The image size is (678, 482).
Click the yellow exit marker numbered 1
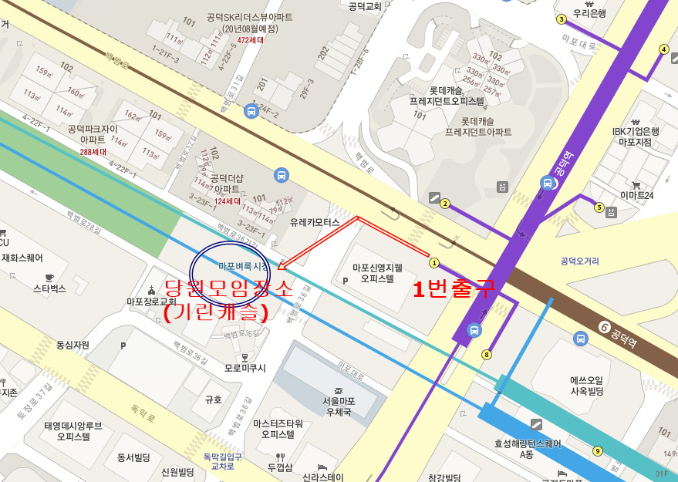434,262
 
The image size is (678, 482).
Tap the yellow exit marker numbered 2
445,204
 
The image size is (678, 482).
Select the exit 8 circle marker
486,355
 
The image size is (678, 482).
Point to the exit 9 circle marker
597,451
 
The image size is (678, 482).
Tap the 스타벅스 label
50,288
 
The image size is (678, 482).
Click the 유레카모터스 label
315,222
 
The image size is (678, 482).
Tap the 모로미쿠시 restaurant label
245,368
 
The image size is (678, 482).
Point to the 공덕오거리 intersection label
580,261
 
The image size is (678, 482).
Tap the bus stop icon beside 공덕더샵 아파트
282,175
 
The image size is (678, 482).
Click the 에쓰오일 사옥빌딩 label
586,386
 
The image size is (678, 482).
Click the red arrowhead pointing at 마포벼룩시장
280,267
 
